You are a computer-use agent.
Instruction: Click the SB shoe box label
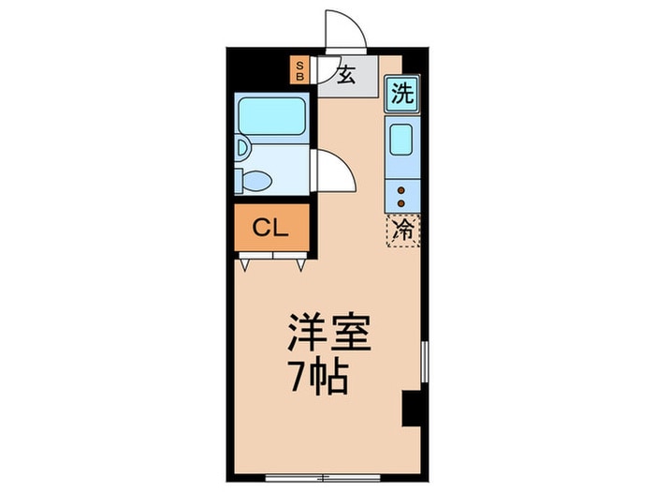coord(299,70)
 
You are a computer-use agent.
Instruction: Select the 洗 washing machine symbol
coord(402,94)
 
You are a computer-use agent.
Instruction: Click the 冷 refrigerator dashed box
coord(403,230)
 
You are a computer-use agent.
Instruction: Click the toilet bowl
coord(255,181)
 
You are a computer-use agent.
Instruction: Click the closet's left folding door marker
coord(245,264)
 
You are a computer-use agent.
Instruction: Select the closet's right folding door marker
coord(300,264)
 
